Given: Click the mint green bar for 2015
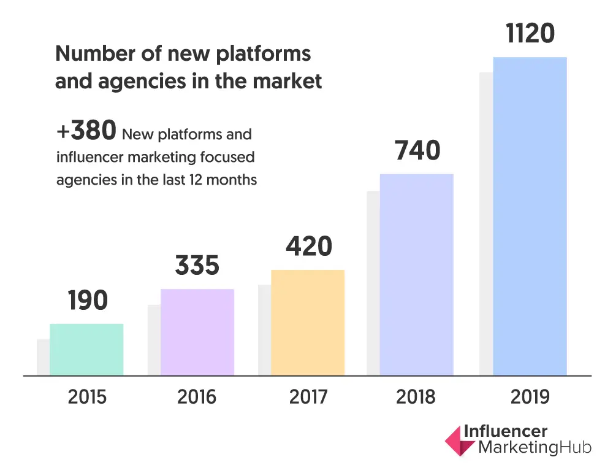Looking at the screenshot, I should pos(86,349).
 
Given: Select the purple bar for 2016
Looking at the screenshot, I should pos(197,332).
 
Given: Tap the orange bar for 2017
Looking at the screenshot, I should pos(308,323).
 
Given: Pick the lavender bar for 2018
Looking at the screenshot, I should pos(417,274).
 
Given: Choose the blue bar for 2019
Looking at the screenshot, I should pos(530,216).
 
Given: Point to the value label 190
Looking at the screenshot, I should pos(88,301).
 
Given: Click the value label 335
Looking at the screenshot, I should pos(197,266).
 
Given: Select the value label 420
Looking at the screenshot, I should pos(308,247).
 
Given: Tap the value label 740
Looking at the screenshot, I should pos(417,150).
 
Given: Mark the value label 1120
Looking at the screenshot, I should pos(530,34).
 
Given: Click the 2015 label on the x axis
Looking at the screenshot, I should pos(87,397).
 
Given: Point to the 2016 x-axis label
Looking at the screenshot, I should pos(197,397).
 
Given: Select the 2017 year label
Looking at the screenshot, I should pos(308,397).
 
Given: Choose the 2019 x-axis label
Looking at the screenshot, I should pos(530,397).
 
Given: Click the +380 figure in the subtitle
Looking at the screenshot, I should pos(86,131).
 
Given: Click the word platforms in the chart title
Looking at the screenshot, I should pos(267,55).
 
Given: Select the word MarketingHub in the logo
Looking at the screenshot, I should pos(534,448).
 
